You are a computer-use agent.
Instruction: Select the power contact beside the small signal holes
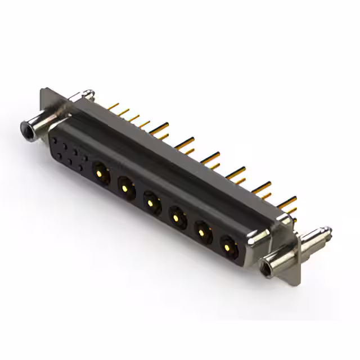tap(100, 169)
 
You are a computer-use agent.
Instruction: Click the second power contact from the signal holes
tap(125, 184)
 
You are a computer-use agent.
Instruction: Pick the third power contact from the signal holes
tap(151, 199)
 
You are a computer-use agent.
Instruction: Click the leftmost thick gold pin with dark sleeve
tap(160, 129)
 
